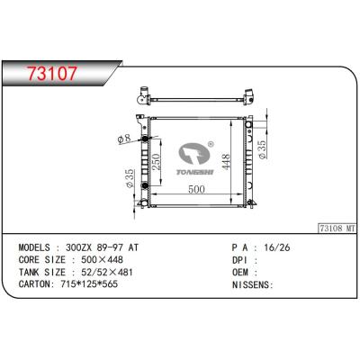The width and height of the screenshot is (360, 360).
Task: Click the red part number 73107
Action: click(52, 73)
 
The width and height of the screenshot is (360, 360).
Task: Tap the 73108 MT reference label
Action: click(337, 229)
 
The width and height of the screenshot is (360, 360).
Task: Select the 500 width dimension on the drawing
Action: click(196, 189)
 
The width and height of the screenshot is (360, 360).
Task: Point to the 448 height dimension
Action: click(225, 162)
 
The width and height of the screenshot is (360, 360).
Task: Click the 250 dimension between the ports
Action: click(156, 162)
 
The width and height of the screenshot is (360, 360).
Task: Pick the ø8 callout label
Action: click(124, 139)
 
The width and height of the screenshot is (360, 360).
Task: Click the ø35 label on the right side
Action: click(262, 149)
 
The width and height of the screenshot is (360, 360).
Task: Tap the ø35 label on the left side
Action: click(130, 178)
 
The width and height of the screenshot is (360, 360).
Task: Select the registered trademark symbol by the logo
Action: click(211, 144)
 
